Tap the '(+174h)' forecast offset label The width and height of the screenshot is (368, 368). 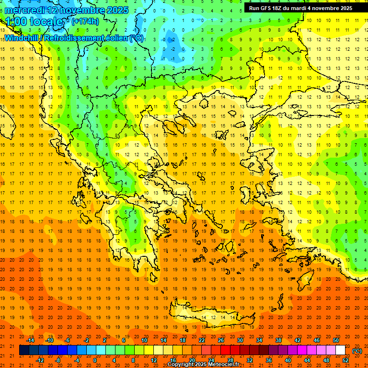(85, 21)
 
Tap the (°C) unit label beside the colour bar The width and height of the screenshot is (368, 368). (356, 351)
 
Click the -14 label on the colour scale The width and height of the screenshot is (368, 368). (31, 340)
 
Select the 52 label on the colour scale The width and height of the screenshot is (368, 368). (346, 360)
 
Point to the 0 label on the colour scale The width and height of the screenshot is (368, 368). (95, 360)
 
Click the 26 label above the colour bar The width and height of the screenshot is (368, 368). (221, 340)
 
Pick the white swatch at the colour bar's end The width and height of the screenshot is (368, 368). (340, 350)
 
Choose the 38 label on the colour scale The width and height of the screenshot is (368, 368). (278, 340)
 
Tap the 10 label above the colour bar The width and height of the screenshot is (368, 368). (144, 340)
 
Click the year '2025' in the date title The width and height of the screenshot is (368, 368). (117, 10)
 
